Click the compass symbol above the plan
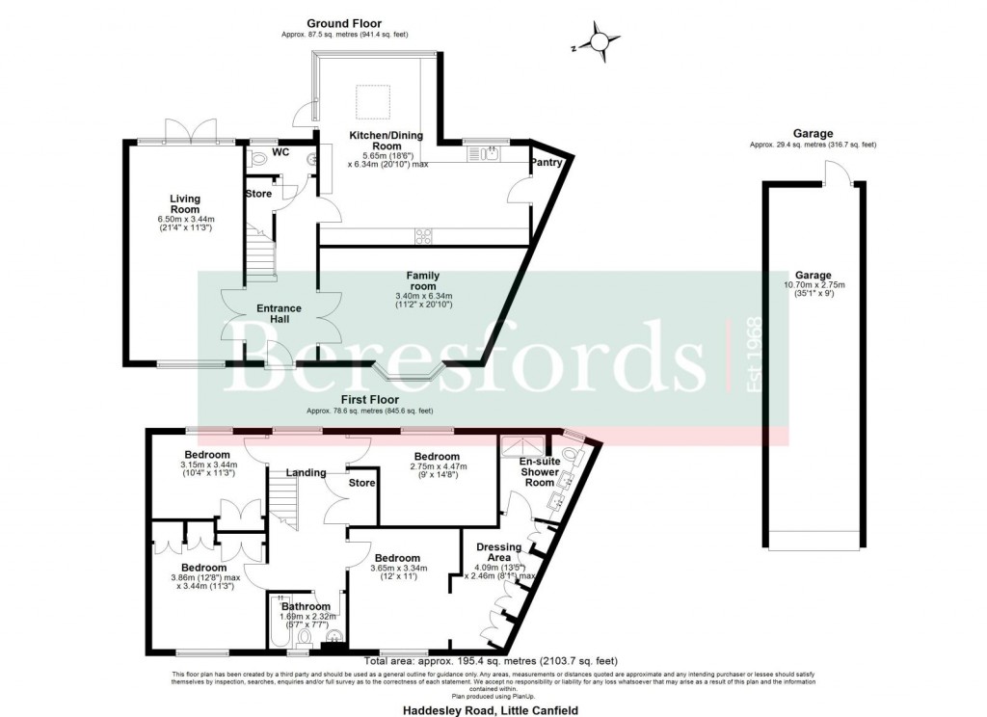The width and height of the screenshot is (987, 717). click(600, 42)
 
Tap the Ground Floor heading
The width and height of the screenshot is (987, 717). click(344, 23)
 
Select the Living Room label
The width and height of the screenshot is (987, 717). click(184, 203)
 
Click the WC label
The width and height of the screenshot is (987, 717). click(280, 152)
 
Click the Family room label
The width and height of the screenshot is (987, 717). click(422, 280)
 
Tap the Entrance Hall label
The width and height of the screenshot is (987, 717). click(279, 314)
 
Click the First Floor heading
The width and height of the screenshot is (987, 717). click(370, 398)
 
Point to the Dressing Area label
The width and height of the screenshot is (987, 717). click(499, 553)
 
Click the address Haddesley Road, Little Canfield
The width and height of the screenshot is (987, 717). click(492, 706)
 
